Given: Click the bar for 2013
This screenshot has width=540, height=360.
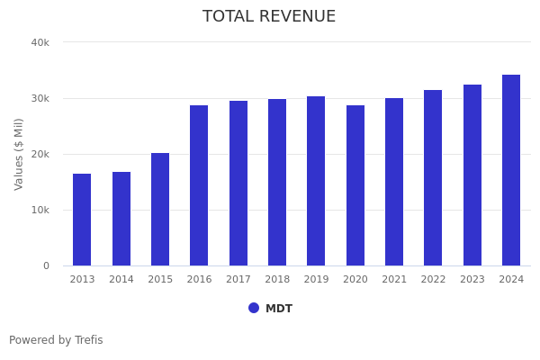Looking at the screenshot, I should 82,220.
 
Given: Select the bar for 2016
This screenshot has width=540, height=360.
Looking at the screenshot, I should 199,185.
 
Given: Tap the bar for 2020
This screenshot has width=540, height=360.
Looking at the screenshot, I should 355,185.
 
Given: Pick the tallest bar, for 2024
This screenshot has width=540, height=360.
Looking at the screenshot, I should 511,170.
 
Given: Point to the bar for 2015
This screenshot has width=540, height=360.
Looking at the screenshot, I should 160,209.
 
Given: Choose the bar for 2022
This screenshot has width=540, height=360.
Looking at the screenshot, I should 433,177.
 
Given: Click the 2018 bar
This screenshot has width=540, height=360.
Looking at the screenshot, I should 277,182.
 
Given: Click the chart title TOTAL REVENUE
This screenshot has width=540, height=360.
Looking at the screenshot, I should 269,17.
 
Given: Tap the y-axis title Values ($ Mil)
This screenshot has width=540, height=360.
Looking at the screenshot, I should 19,154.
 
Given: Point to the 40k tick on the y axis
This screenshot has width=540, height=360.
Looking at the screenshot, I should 40,42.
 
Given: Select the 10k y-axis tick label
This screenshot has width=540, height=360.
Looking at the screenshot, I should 40,210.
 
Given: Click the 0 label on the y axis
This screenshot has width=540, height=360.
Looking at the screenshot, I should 45,265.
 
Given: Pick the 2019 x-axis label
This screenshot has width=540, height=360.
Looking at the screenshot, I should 316,280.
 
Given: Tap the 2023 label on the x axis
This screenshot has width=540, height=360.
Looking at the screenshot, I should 472,280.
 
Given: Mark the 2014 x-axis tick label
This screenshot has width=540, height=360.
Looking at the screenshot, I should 121,280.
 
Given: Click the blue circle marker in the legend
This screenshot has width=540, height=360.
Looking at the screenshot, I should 254,308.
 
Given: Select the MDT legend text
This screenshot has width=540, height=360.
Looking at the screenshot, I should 279,309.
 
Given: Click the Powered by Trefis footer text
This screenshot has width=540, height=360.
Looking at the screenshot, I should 56,340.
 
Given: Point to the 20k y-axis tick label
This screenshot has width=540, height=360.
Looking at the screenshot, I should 40,154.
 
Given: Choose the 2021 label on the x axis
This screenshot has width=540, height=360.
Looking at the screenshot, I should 394,280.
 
